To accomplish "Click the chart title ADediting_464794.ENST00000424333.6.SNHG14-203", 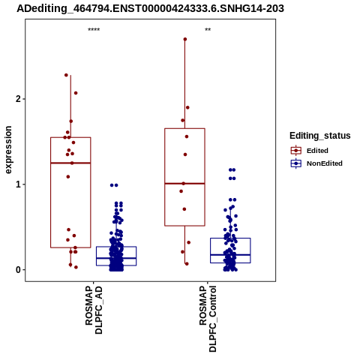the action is point(150,8).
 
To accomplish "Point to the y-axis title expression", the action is point(8,150).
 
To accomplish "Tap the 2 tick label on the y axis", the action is point(17,99).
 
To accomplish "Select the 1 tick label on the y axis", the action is point(17,184).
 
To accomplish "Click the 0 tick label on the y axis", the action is point(17,270).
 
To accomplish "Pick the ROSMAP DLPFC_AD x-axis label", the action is point(94,310).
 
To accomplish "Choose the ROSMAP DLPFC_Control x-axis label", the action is point(208,319).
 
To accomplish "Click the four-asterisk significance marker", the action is point(94,30).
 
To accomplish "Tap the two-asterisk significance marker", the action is point(208,30).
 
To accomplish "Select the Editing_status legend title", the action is point(320,136).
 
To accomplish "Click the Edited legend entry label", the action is point(317,151).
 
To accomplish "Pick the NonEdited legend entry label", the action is point(325,163).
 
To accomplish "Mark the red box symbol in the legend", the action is point(296,151).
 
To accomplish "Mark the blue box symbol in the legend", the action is point(296,163).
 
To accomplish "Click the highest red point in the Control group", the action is point(185,39).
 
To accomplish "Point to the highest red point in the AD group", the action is point(66,75).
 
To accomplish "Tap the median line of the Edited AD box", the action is point(70,163).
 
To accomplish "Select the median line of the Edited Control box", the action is point(184,184).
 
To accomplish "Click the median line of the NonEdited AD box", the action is point(116,258).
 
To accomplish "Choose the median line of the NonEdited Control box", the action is point(230,255).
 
